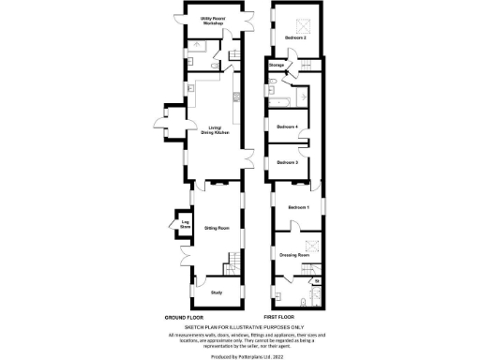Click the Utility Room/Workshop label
[x=217, y=21]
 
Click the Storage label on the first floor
[x=277, y=66]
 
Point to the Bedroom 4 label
[x=288, y=126]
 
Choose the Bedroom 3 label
[x=287, y=163]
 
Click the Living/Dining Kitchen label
[x=215, y=132]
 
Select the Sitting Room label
[x=217, y=227]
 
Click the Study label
[x=217, y=291]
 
